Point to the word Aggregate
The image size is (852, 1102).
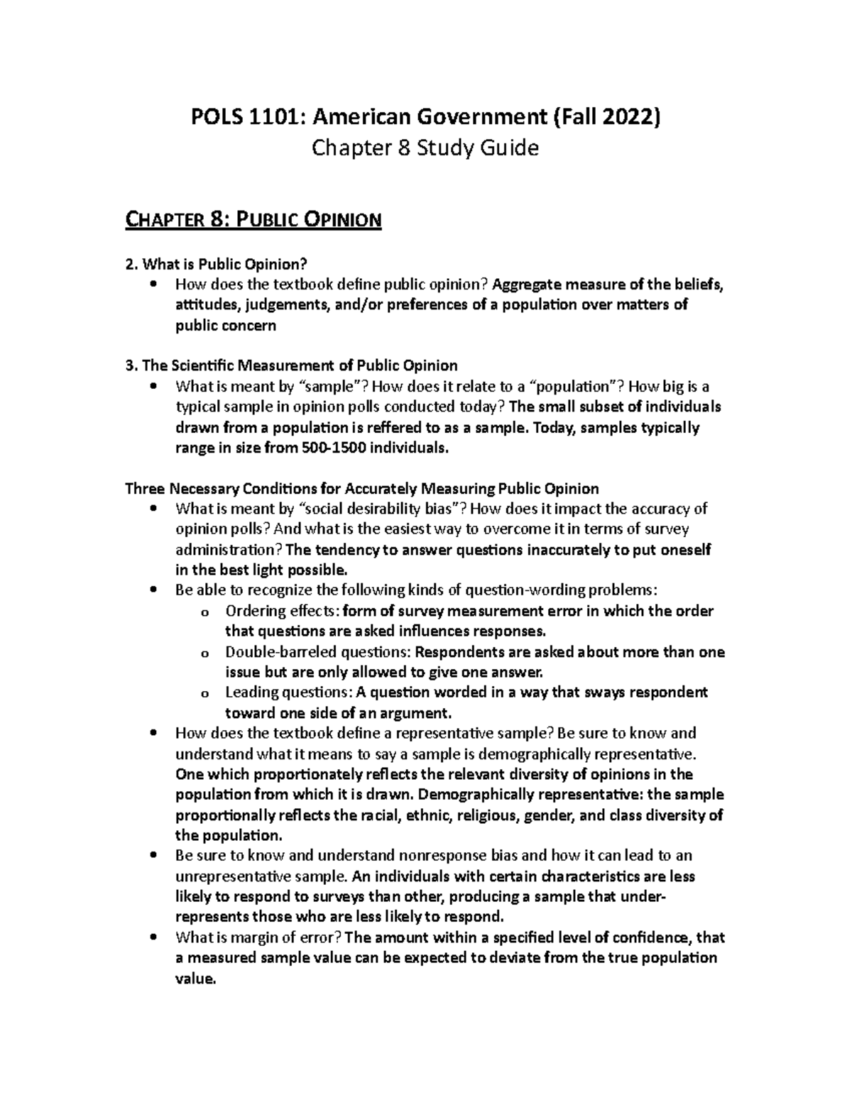(526, 285)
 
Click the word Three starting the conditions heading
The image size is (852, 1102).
(144, 489)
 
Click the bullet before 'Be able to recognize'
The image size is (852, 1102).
(153, 590)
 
